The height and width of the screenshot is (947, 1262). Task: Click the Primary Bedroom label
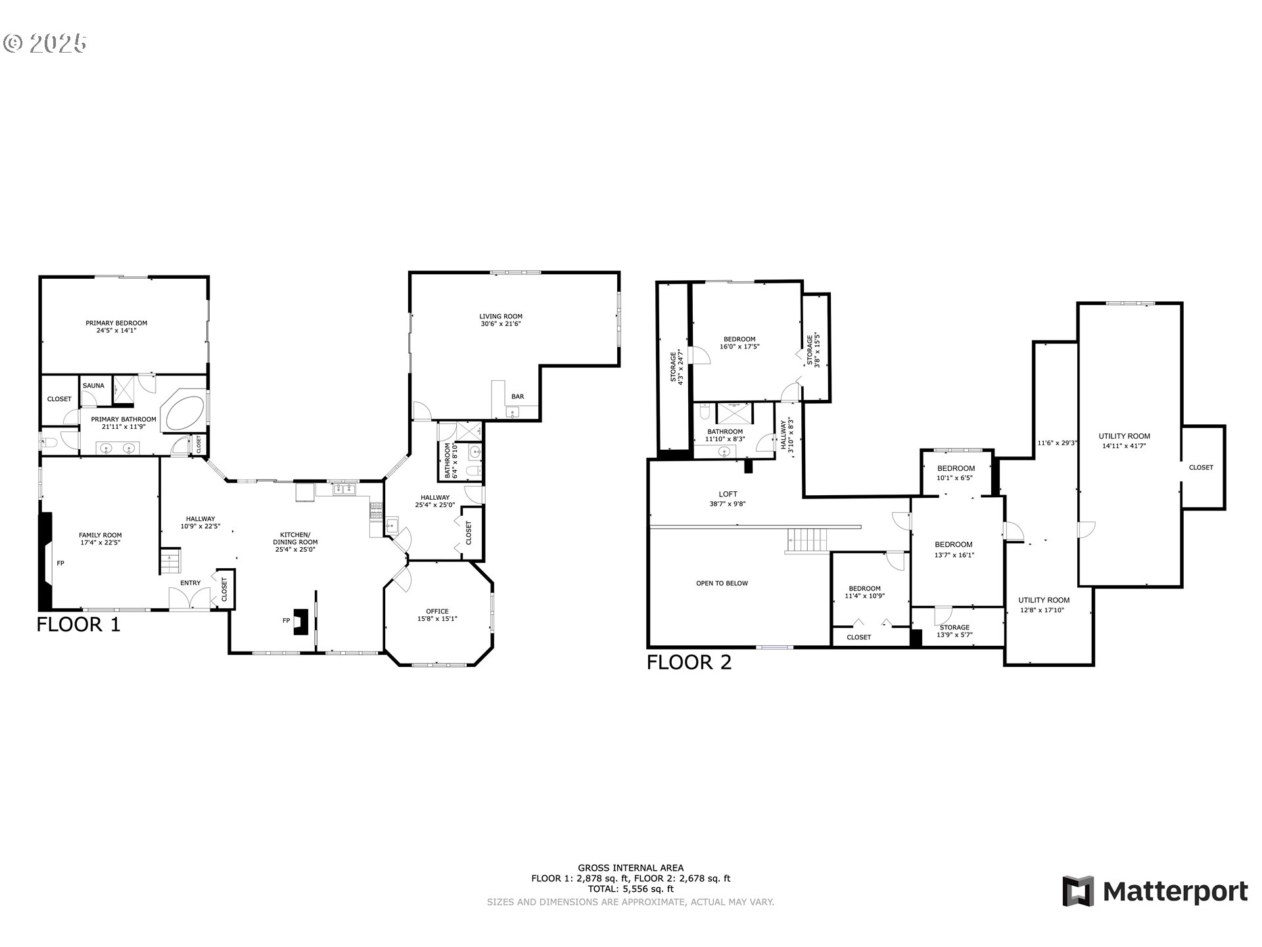pyautogui.click(x=116, y=323)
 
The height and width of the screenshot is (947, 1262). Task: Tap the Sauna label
pyautogui.click(x=93, y=385)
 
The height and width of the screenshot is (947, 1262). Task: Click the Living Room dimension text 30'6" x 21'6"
pyautogui.click(x=500, y=324)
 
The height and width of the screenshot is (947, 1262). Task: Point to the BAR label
pyautogui.click(x=518, y=397)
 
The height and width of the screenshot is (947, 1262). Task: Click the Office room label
pyautogui.click(x=437, y=612)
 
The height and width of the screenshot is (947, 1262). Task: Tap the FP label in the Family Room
pyautogui.click(x=60, y=564)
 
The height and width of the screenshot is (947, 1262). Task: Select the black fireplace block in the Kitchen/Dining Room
pyautogui.click(x=301, y=621)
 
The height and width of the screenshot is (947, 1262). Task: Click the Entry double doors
pyautogui.click(x=189, y=598)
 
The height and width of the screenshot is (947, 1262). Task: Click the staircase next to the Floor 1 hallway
pyautogui.click(x=170, y=562)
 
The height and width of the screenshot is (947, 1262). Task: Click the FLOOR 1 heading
pyautogui.click(x=79, y=625)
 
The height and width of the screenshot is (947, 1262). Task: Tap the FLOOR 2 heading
pyautogui.click(x=689, y=662)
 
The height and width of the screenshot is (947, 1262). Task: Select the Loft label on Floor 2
pyautogui.click(x=728, y=494)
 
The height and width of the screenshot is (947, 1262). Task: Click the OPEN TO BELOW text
pyautogui.click(x=722, y=583)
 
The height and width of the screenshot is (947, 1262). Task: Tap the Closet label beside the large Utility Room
pyautogui.click(x=1201, y=468)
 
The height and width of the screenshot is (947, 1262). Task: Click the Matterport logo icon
pyautogui.click(x=1078, y=891)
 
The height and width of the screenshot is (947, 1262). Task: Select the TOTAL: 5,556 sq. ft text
pyautogui.click(x=630, y=888)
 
